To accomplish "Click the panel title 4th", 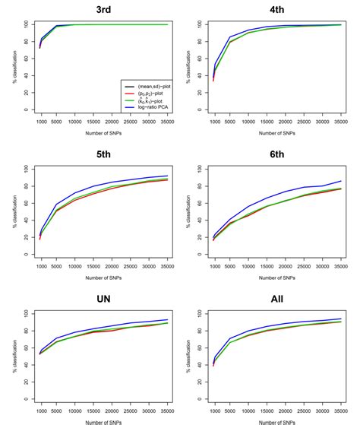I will tap(276, 8).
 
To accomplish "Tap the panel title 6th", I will tap(276, 153).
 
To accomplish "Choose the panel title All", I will tap(276, 299).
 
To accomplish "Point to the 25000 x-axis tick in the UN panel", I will tap(129, 411).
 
